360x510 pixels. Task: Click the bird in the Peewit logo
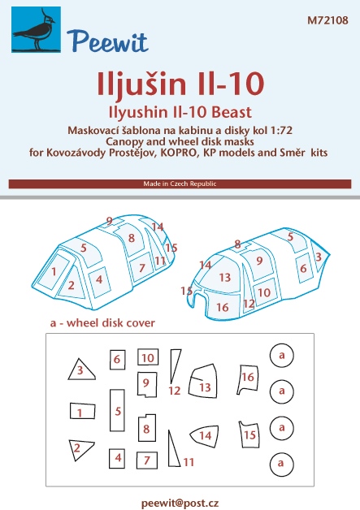pyautogui.click(x=35, y=32)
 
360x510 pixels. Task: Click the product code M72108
pyautogui.click(x=327, y=20)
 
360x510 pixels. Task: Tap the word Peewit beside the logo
pyautogui.click(x=107, y=41)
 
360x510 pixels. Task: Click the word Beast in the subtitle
pyautogui.click(x=232, y=113)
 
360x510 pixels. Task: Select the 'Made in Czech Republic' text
pyautogui.click(x=180, y=184)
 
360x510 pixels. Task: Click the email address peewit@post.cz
pyautogui.click(x=180, y=503)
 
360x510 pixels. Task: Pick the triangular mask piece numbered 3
pyautogui.click(x=81, y=370)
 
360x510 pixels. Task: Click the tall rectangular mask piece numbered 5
pyautogui.click(x=117, y=410)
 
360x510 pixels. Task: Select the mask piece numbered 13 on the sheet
pyautogui.click(x=203, y=381)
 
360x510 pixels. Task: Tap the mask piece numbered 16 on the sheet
pyautogui.click(x=248, y=379)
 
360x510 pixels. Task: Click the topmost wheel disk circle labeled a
pyautogui.click(x=281, y=355)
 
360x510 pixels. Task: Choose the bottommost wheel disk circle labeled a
pyautogui.click(x=281, y=465)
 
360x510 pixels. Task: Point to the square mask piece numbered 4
pyautogui.click(x=117, y=458)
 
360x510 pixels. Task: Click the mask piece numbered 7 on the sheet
pyautogui.click(x=147, y=460)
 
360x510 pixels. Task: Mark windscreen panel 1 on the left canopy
pyautogui.click(x=54, y=271)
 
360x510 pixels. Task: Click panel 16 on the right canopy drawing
pyautogui.click(x=223, y=305)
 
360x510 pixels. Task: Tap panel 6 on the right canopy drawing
pyautogui.click(x=303, y=268)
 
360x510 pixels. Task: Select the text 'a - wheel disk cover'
pyautogui.click(x=102, y=323)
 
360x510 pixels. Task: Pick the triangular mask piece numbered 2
pyautogui.click(x=81, y=450)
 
